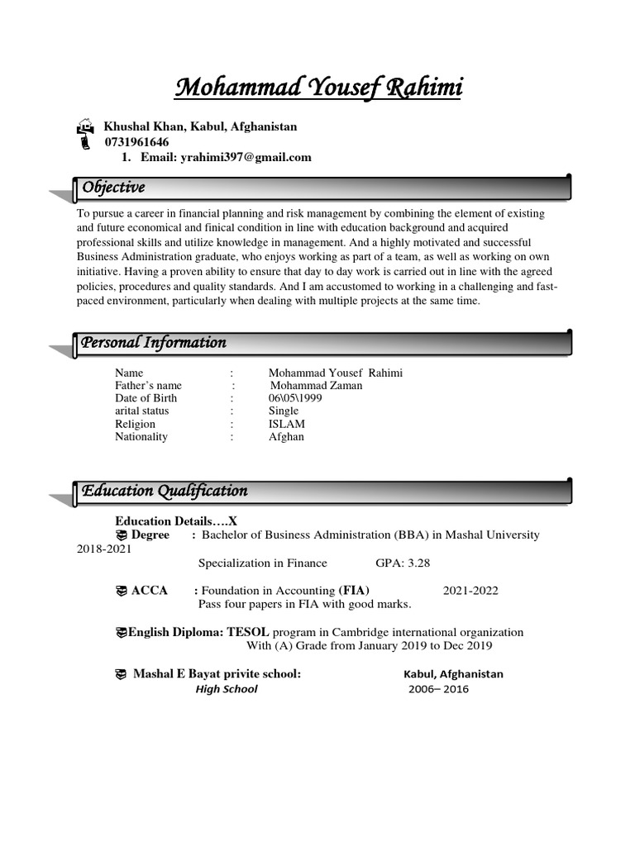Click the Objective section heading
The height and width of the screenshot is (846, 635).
click(113, 188)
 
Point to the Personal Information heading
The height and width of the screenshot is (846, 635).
click(154, 343)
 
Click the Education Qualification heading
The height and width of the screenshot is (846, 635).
click(165, 491)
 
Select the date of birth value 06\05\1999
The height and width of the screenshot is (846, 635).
click(295, 398)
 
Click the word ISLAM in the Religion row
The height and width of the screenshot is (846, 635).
click(286, 424)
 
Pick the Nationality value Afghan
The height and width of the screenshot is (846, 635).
click(286, 436)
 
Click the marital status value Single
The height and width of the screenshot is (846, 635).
click(284, 411)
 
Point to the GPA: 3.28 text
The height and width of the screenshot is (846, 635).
click(403, 563)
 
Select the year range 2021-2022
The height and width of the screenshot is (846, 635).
click(470, 590)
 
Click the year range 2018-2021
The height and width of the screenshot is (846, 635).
click(104, 549)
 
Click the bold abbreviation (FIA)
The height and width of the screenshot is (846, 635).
click(353, 590)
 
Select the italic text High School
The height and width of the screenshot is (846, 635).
click(227, 689)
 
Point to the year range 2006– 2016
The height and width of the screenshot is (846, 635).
click(438, 689)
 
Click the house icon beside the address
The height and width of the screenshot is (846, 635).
click(84, 126)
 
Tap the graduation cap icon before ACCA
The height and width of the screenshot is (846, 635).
click(122, 590)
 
